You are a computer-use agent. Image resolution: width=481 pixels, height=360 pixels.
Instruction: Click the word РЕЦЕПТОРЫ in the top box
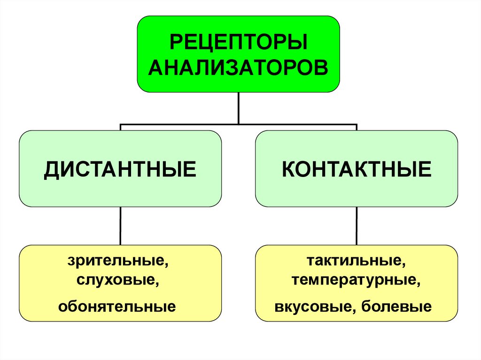point(238,44)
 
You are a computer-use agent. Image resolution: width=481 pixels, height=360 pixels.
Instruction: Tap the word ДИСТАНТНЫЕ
point(120,169)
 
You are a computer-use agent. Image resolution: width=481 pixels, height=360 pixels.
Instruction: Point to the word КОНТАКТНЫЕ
point(357,169)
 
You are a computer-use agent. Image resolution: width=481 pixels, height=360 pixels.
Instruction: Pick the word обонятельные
point(117,307)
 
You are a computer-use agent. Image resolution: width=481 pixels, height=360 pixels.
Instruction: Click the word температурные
point(354,282)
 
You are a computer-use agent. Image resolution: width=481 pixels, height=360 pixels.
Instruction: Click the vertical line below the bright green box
point(239,108)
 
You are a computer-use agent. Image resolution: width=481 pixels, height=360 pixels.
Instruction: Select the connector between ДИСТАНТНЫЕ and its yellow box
point(121,226)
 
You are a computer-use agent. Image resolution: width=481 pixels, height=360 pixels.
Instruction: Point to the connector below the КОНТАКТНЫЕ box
point(357,226)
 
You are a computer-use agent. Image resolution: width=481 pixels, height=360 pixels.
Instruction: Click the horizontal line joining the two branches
point(239,125)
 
